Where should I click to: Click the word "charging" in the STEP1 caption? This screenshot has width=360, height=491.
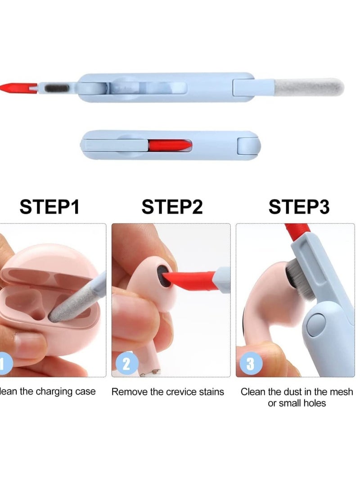(x=49, y=392)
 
